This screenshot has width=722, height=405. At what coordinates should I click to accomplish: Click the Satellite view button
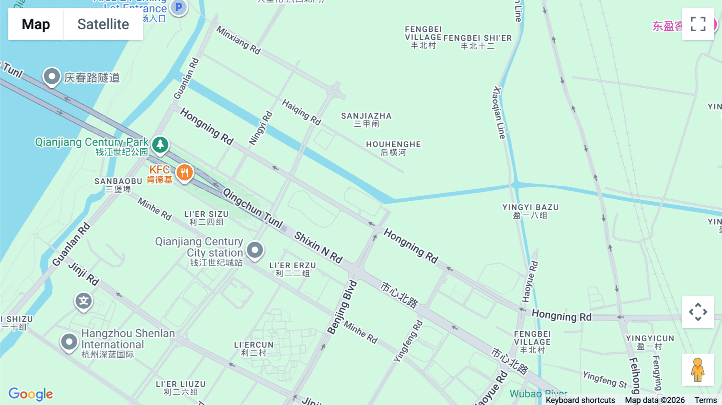pos(103,24)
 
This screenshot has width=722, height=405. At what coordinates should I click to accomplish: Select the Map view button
pos(36,24)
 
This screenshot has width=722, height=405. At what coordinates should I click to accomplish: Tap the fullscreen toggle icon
pos(698,24)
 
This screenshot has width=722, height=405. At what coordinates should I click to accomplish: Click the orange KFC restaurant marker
pos(185,173)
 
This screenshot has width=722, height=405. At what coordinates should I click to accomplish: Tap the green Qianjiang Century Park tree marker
pos(160,144)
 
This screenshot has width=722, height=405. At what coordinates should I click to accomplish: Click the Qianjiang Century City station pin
pos(255,250)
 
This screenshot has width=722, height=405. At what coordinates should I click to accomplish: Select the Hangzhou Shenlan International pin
pos(69,342)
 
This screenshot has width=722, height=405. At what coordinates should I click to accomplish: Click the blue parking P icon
pos(178,7)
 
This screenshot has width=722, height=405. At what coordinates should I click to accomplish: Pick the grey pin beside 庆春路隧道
pos(52,76)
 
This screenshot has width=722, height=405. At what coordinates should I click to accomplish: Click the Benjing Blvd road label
pos(342,308)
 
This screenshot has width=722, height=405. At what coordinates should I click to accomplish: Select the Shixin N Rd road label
pos(318,247)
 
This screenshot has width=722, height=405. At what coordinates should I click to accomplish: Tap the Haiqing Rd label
pos(302,112)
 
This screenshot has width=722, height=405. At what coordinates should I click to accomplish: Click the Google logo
pos(31,394)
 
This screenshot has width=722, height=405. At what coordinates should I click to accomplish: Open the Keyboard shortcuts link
pos(580,400)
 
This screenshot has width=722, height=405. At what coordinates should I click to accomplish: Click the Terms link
pos(706,400)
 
